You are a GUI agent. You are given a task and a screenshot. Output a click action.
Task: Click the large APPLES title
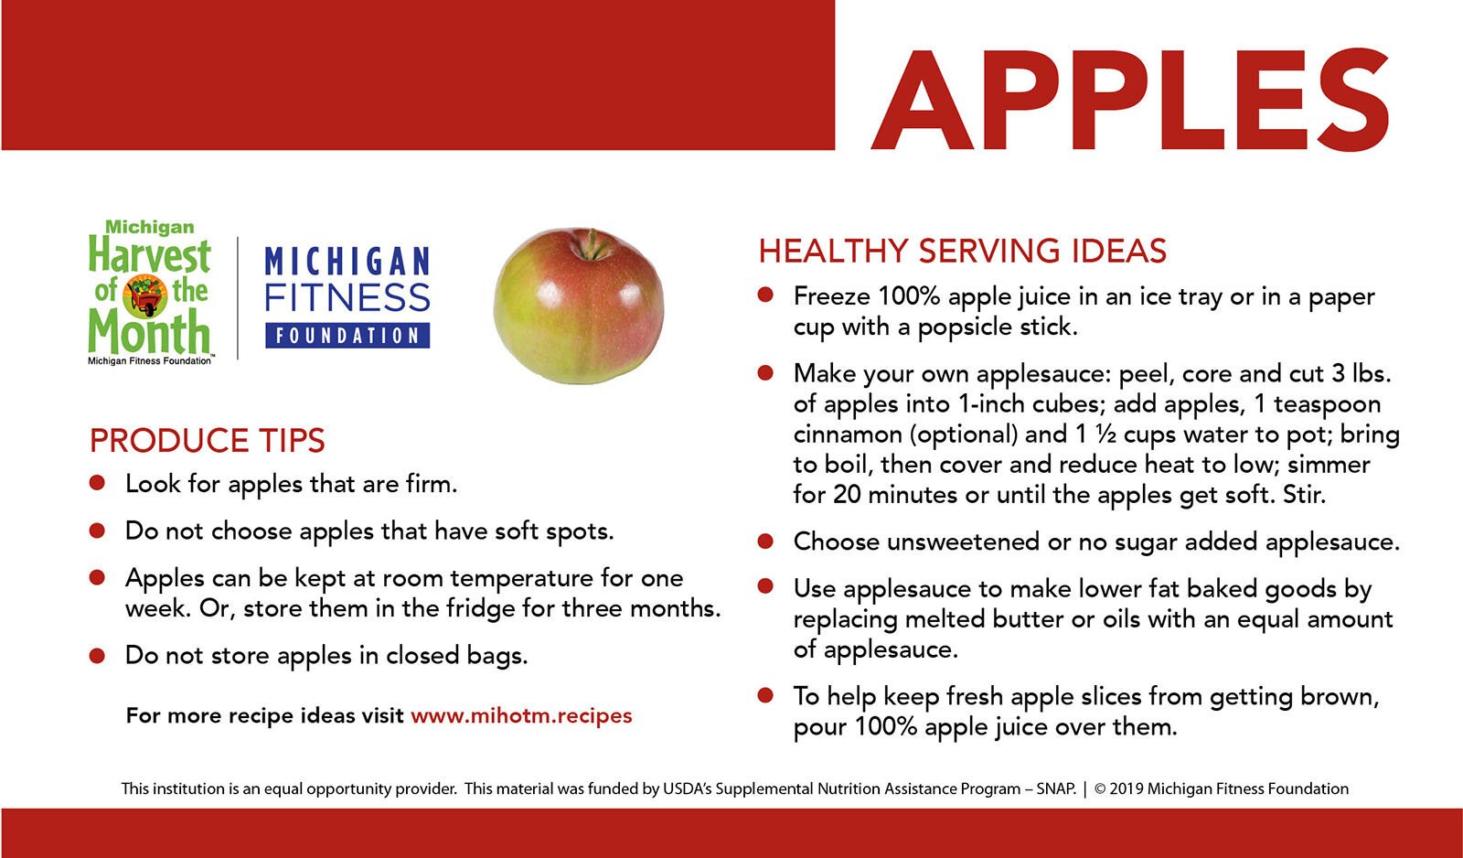coord(1130,100)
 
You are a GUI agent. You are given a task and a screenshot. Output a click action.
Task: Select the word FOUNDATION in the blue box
coord(347,336)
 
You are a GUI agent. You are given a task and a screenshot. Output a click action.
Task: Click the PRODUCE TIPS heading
coord(207,441)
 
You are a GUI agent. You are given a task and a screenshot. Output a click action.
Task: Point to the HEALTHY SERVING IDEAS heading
coord(962,251)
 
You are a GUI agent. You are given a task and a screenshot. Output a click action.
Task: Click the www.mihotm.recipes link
coord(521,715)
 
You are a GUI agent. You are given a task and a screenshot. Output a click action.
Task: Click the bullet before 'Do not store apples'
coord(98,656)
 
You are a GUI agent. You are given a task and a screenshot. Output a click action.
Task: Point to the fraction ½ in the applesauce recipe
coord(1105,434)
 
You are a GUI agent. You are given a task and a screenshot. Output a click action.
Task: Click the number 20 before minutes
coord(846,495)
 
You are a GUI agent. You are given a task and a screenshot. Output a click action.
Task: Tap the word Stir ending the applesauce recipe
coord(1303,495)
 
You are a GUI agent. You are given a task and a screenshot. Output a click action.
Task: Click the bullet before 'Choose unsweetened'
coord(765,542)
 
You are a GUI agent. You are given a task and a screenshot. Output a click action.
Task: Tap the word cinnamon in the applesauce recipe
coord(846,434)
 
